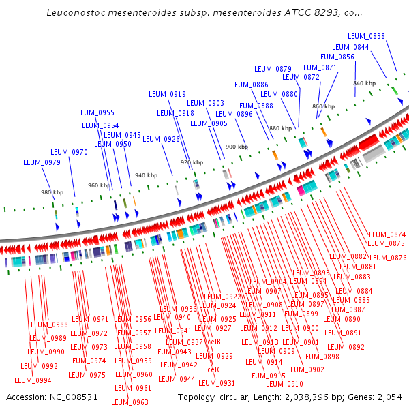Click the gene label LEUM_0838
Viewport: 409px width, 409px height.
(x=370, y=36)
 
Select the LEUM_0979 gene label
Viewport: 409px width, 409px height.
(x=42, y=162)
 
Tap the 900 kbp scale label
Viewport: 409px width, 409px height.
(x=237, y=147)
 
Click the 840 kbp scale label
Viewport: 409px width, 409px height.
(x=364, y=83)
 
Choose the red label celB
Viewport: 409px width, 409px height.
(x=214, y=342)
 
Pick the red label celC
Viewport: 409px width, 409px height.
(x=214, y=369)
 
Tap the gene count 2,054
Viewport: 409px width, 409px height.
(x=389, y=397)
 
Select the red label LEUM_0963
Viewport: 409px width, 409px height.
(x=131, y=402)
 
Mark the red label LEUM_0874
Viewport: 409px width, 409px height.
(x=387, y=234)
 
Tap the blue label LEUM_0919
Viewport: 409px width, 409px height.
(x=168, y=95)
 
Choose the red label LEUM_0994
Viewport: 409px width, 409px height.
(x=33, y=380)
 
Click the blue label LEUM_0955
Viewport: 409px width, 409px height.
(x=96, y=112)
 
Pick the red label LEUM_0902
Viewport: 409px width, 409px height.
(x=306, y=369)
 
